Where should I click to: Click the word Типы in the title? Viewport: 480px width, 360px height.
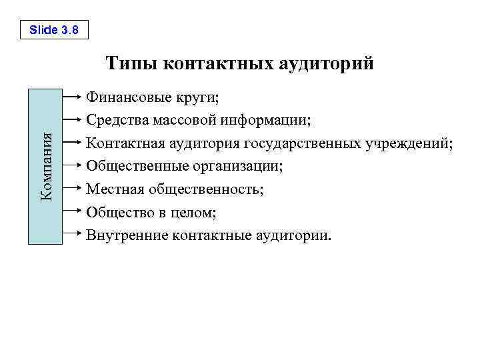pyautogui.click(x=131, y=64)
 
